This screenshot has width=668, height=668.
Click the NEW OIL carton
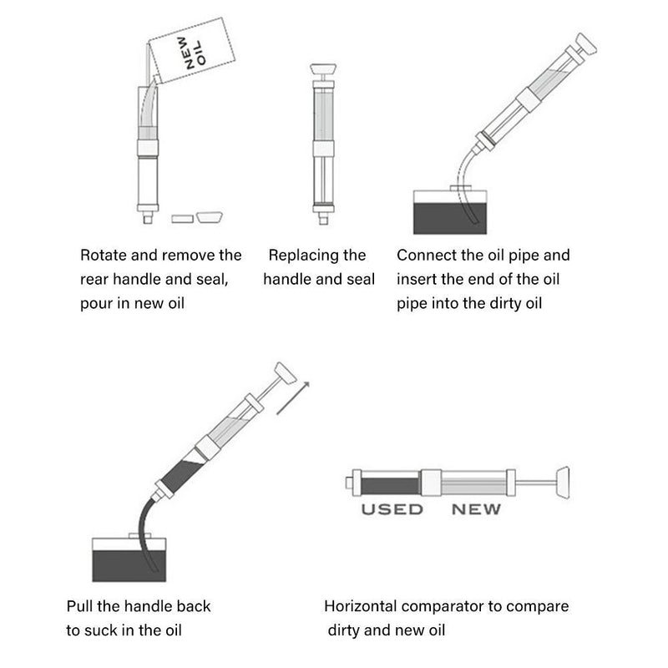pyautogui.click(x=192, y=50)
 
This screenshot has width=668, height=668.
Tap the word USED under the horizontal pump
pyautogui.click(x=392, y=509)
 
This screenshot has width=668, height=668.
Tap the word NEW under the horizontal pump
pyautogui.click(x=476, y=509)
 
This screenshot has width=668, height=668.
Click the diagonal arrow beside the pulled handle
pyautogui.click(x=293, y=398)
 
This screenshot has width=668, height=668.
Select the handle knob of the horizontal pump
pyautogui.click(x=563, y=483)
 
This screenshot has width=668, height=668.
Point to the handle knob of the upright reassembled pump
pyautogui.click(x=323, y=69)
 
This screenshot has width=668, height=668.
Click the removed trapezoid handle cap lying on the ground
pyautogui.click(x=210, y=217)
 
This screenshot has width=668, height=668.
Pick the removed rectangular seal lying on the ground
pyautogui.click(x=182, y=219)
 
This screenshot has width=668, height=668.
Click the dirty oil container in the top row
pyautogui.click(x=450, y=212)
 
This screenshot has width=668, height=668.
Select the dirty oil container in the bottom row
pyautogui.click(x=129, y=559)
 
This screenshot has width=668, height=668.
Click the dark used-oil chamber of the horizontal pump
pyautogui.click(x=390, y=486)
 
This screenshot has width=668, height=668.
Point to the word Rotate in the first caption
pyautogui.click(x=103, y=256)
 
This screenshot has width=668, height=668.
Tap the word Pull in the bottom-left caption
pyautogui.click(x=79, y=606)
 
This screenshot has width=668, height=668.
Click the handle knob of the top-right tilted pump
pyautogui.click(x=586, y=44)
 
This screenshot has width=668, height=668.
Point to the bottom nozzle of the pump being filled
pyautogui.click(x=148, y=218)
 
